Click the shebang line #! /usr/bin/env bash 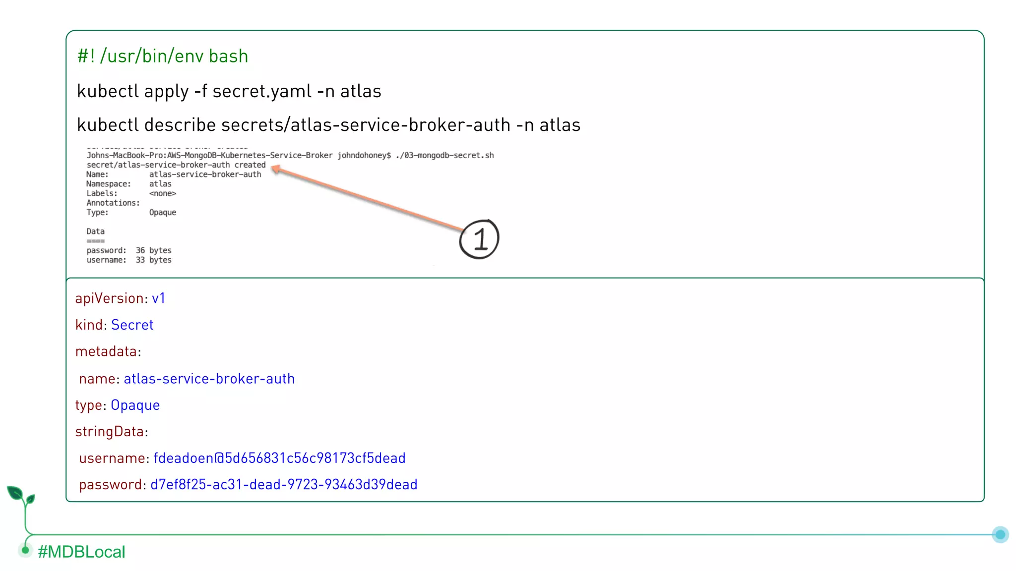(162, 56)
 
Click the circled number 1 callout (479, 239)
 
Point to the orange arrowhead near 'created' (276, 170)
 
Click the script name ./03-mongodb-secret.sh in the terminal (444, 155)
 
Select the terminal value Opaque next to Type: (163, 212)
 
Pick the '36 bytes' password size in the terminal (153, 250)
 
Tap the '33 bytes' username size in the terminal (153, 260)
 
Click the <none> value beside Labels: (163, 193)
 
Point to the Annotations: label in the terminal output (113, 203)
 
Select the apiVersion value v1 (158, 298)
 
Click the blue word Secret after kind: (132, 325)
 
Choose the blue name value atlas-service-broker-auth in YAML (209, 379)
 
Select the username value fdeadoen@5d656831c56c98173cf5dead (279, 458)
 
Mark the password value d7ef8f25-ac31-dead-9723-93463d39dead (284, 484)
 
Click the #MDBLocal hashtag (81, 552)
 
